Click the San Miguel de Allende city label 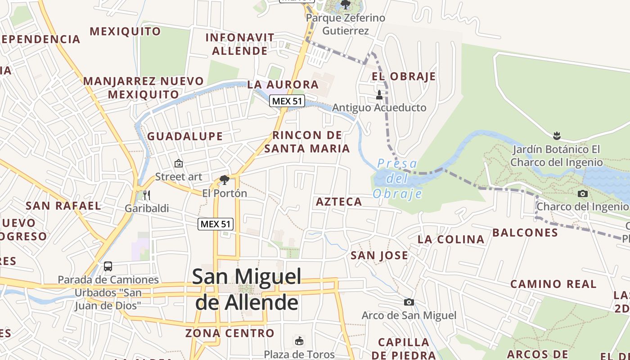[x=247, y=288]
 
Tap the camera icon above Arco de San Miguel [x=409, y=302]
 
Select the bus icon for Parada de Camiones [x=108, y=266]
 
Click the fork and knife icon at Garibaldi [x=146, y=195]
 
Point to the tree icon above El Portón [x=224, y=180]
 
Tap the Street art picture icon [x=179, y=163]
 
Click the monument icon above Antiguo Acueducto [x=379, y=94]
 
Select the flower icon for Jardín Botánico [x=557, y=135]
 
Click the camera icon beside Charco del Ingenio [x=582, y=193]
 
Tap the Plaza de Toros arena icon [x=299, y=341]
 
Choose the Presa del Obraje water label [x=397, y=179]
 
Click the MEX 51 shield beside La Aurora [x=287, y=101]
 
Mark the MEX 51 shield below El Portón [x=216, y=224]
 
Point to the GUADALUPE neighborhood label [x=185, y=136]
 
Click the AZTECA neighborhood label [x=339, y=202]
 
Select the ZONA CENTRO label [x=229, y=333]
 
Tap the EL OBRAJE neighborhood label [x=404, y=76]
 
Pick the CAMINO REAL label [x=553, y=284]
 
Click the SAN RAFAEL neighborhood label [x=63, y=206]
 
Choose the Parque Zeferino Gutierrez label [x=346, y=24]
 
